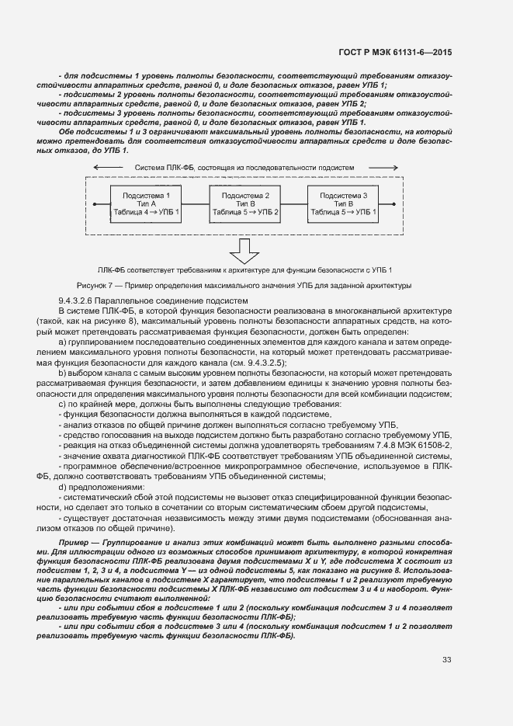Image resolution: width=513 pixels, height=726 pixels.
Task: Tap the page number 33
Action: (447, 660)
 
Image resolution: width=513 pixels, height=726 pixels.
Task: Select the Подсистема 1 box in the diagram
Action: (146, 203)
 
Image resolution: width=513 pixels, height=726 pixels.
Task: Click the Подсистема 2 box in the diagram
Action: (245, 203)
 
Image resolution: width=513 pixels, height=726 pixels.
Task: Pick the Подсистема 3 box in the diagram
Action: (343, 203)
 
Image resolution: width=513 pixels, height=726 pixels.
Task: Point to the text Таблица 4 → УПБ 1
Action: (146, 212)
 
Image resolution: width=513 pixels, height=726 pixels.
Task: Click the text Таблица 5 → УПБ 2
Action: (245, 212)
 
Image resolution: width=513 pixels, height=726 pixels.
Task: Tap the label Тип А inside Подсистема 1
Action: (146, 203)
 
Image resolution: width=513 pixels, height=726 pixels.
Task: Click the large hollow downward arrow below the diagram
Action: (244, 251)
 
